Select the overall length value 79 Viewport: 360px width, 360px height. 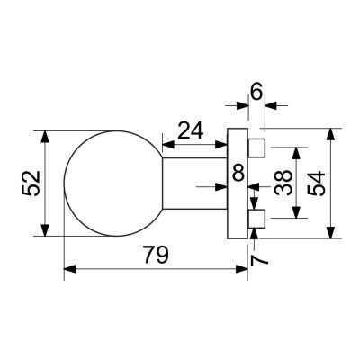coord(155,256)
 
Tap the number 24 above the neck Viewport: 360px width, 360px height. coord(190,131)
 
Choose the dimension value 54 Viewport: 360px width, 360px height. coord(317,184)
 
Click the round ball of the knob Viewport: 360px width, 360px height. coord(112,184)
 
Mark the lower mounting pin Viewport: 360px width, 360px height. coord(256,217)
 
